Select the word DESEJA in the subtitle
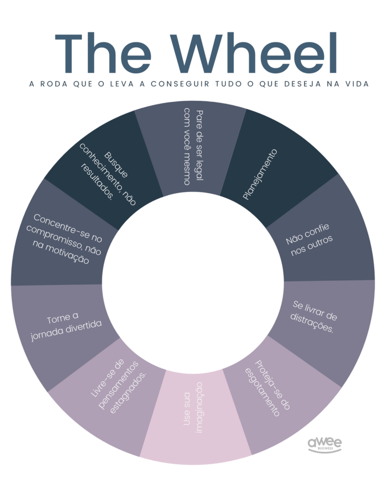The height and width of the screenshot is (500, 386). pos(291,84)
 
